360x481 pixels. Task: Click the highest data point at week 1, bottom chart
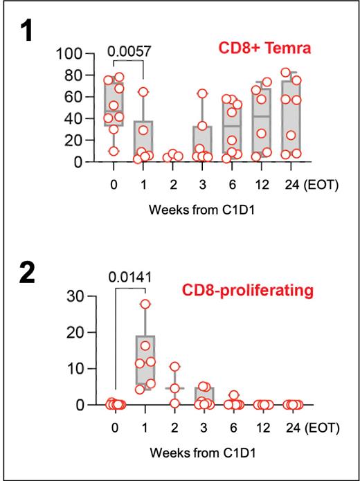pos(145,304)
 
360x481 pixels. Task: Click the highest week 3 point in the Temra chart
pos(202,93)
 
